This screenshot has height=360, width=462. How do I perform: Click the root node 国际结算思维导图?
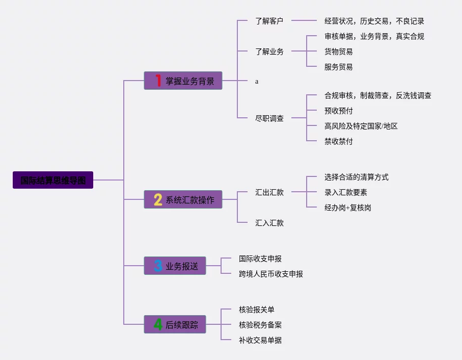(x=53, y=180)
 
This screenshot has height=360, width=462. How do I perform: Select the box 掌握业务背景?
(x=183, y=81)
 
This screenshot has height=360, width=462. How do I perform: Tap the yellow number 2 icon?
(x=158, y=199)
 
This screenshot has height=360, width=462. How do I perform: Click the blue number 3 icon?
(x=158, y=266)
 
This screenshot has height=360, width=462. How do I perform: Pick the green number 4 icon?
(x=158, y=324)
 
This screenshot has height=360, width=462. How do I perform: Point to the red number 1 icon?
(x=158, y=81)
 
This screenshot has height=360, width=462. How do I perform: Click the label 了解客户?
(x=269, y=21)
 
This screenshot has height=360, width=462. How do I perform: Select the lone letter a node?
(x=257, y=81)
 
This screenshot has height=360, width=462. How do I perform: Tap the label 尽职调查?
(x=269, y=118)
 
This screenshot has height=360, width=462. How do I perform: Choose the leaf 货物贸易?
(x=338, y=52)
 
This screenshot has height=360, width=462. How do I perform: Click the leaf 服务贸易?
(x=338, y=67)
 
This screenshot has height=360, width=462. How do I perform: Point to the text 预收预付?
(x=338, y=111)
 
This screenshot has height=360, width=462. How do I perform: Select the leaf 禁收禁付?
(x=338, y=141)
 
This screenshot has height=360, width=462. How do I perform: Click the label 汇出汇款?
(x=269, y=192)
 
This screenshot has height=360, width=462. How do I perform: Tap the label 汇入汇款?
(x=269, y=223)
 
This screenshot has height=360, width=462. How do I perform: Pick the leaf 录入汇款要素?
(x=345, y=192)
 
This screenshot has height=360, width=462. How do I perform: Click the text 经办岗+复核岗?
(x=347, y=208)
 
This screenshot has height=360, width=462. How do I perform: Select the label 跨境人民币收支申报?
(x=270, y=274)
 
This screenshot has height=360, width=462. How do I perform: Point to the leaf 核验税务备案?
(x=260, y=325)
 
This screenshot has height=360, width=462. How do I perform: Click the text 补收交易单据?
(x=260, y=340)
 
